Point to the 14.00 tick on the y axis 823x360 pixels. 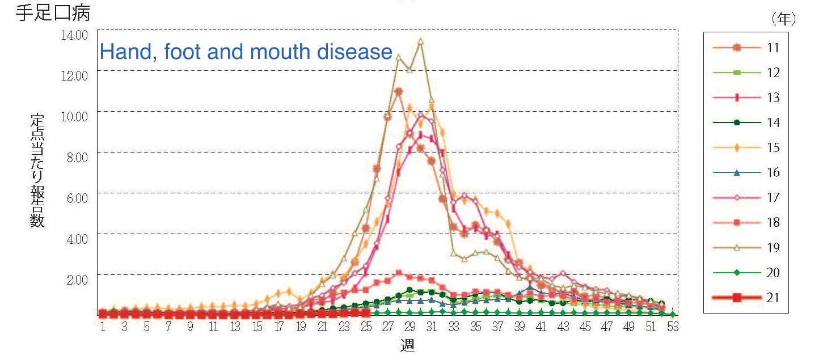74,35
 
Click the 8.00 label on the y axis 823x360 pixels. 76,157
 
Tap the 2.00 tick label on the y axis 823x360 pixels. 76,279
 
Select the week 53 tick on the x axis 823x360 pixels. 673,327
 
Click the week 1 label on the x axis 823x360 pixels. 103,327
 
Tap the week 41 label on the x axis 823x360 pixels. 541,327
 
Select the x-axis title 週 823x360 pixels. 407,345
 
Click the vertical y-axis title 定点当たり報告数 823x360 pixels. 37,170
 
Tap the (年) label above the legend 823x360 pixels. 783,19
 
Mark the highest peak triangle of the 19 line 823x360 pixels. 420,41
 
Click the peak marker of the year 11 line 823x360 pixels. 398,91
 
